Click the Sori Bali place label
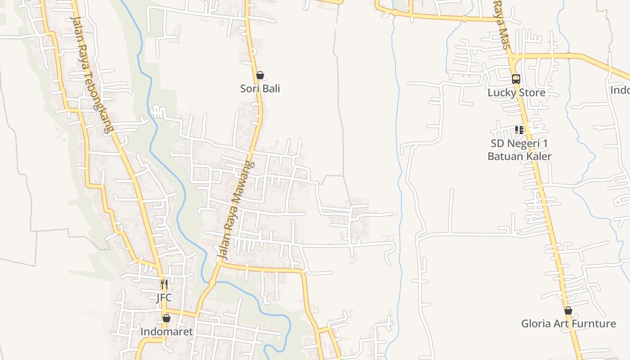coord(260,89)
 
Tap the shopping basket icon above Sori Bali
coord(260,75)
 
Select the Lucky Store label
coord(516,93)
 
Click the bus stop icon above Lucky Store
coord(516,79)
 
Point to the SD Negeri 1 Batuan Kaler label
coord(519,150)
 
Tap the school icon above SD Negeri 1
coord(519,130)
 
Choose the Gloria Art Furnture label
coord(568,324)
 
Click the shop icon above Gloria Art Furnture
coord(568,310)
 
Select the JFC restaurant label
coord(164,298)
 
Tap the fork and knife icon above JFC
coord(164,284)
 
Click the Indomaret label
coord(166,332)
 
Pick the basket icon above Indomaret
coord(166,318)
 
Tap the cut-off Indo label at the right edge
coord(620,90)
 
